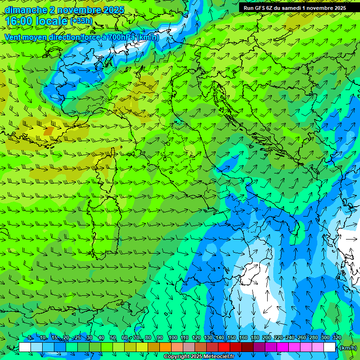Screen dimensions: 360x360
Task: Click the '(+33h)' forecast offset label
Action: pyautogui.click(x=81, y=21)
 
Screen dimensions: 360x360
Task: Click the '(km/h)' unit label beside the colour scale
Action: pyautogui.click(x=347, y=348)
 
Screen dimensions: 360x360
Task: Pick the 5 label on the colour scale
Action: pyautogui.click(x=30, y=338)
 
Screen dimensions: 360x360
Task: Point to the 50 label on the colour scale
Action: pyautogui.click(x=113, y=338)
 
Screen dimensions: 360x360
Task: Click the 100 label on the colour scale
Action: pyautogui.click(x=172, y=338)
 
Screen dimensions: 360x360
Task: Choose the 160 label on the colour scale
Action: pyautogui.click(x=243, y=338)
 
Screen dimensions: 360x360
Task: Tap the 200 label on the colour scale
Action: pyautogui.click(x=267, y=338)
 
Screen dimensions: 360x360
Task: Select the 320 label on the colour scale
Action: pyautogui.click(x=337, y=338)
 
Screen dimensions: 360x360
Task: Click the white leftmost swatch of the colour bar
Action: pyautogui.click(x=25, y=347)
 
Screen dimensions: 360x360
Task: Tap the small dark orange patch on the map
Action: pyautogui.click(x=49, y=131)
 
